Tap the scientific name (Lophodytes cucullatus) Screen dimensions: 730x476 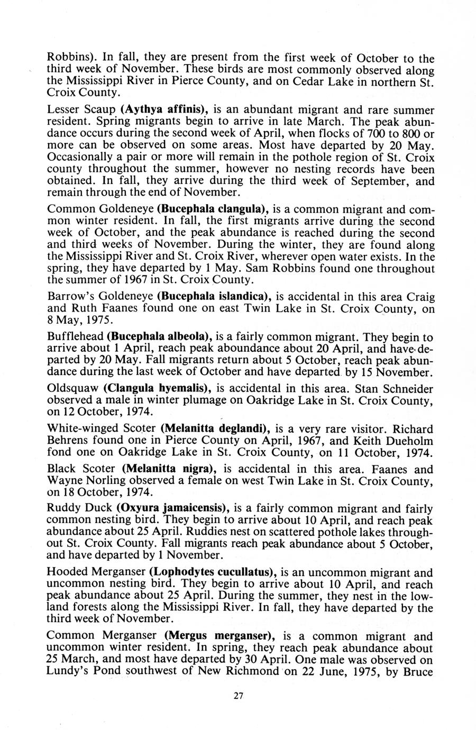pos(212,572)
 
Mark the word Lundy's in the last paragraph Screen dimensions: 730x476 pos(68,672)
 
